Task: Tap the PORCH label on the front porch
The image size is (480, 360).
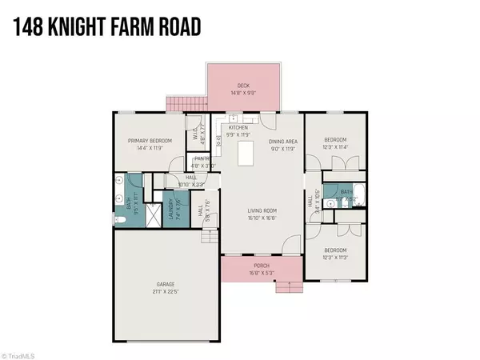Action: [x=260, y=266]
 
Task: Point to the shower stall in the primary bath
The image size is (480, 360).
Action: [x=119, y=183]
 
